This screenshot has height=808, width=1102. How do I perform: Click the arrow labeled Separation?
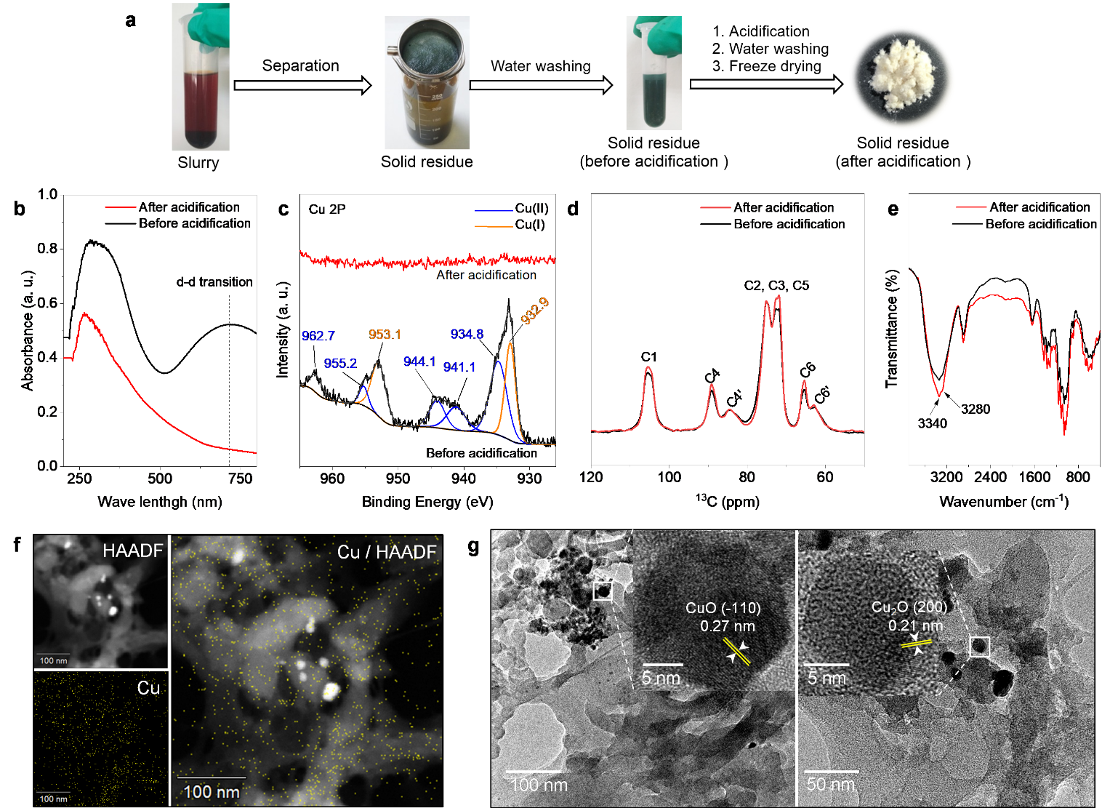click(302, 86)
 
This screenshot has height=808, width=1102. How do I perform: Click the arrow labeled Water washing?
click(541, 86)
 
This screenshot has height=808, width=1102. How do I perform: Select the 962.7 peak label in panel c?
click(318, 336)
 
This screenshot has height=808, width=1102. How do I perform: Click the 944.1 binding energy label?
click(419, 361)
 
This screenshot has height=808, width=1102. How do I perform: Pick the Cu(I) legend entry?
click(530, 225)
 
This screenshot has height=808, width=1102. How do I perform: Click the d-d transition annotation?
click(214, 282)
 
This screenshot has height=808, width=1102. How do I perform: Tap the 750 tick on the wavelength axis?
click(240, 479)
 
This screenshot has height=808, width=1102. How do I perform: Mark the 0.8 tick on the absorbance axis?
click(47, 249)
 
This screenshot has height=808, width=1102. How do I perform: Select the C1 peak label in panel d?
click(649, 356)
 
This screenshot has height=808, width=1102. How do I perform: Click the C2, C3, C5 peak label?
click(776, 285)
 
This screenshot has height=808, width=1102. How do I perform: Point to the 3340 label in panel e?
click(932, 423)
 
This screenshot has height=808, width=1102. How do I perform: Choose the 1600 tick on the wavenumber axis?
click(1034, 477)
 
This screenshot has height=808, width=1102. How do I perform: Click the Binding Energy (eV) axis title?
click(427, 502)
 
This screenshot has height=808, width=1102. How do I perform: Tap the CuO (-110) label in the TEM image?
click(723, 608)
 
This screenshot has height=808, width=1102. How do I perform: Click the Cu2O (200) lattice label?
click(909, 607)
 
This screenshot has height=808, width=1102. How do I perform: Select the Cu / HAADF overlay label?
click(386, 552)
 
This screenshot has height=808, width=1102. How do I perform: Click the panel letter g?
click(474, 546)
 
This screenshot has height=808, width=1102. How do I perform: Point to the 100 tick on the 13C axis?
click(669, 477)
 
